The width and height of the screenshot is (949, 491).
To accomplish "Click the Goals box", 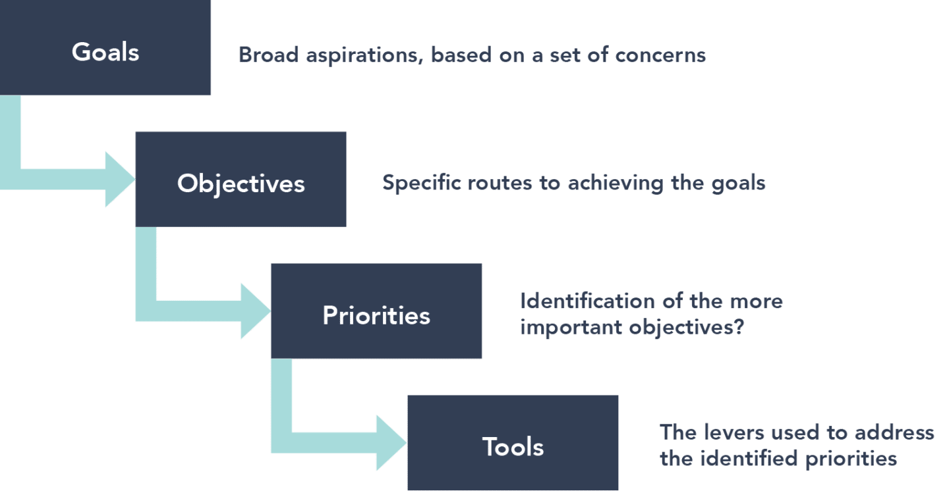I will [105, 49].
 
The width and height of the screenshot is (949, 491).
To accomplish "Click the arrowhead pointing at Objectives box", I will [121, 179].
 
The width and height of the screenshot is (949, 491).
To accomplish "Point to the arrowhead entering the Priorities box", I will [256, 311].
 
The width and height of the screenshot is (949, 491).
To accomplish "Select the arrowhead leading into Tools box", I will [391, 442].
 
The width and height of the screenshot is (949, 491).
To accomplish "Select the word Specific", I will [422, 183].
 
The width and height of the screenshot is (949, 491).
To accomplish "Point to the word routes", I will [502, 183].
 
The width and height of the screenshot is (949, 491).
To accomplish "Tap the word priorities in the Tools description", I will [850, 458].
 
